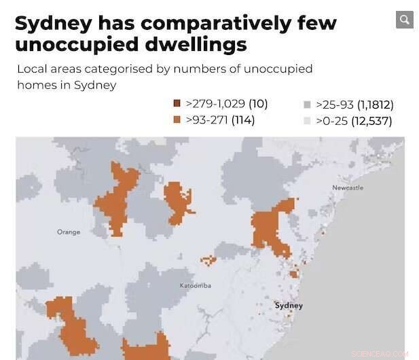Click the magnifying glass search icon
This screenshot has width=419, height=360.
(x=405, y=20)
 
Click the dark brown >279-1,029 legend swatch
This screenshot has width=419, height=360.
(x=177, y=104)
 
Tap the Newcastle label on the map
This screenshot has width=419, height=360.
(x=348, y=187)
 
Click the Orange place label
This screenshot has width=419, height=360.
(x=69, y=232)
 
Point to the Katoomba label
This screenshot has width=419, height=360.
(x=195, y=285)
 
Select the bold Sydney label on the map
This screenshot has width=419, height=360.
(x=289, y=306)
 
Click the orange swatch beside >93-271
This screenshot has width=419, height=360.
(x=177, y=120)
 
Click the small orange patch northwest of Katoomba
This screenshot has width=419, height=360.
(x=208, y=259)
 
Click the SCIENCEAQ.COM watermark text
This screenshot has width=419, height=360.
(x=380, y=353)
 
